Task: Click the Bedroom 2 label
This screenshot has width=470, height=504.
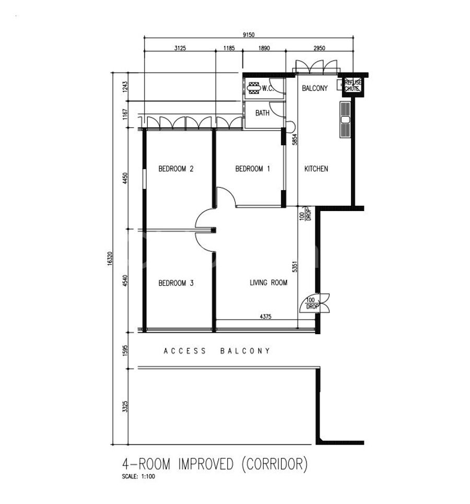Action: pos(176,169)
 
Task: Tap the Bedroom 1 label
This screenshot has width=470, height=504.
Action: pos(253,169)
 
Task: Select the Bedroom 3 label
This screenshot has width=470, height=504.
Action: pos(176,283)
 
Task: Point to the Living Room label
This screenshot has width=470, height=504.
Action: pos(268,283)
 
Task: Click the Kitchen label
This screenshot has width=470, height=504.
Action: pos(316,169)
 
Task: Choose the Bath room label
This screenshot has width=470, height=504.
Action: pos(262,113)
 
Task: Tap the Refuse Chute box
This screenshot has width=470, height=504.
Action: pos(352,86)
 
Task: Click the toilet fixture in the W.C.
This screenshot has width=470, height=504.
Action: pos(254,88)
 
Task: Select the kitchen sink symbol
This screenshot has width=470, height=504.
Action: pos(345,120)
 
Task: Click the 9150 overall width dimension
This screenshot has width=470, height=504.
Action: pos(249,34)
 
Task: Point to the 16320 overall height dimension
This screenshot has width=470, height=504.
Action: pos(110,259)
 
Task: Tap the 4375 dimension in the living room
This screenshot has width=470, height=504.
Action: pos(265,317)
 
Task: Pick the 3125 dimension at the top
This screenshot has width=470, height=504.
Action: pos(180,48)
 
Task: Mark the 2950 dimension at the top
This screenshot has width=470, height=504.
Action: pos(319,48)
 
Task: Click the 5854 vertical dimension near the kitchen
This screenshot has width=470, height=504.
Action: pos(295,139)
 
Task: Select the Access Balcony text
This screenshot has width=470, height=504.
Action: pos(217,351)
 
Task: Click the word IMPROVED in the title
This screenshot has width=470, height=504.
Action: pos(206,464)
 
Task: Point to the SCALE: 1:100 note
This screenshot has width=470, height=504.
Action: pos(138,477)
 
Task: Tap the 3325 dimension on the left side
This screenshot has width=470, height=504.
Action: pos(125,406)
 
